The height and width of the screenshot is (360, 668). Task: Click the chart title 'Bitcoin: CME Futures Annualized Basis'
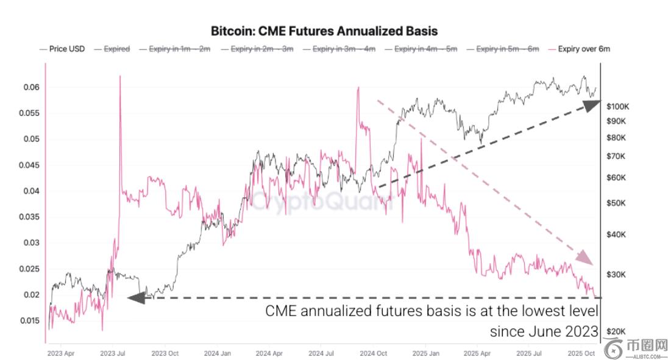324,30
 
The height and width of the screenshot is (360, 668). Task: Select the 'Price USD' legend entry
66,49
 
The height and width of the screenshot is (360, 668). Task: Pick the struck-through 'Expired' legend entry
116,49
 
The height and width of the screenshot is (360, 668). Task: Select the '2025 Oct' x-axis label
581,353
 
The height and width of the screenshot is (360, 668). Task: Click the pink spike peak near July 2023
119,77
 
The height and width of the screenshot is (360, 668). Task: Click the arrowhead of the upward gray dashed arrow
591,105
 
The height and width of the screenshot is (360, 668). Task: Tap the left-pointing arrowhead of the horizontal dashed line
135,298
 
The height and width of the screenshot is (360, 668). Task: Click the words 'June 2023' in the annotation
569,331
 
